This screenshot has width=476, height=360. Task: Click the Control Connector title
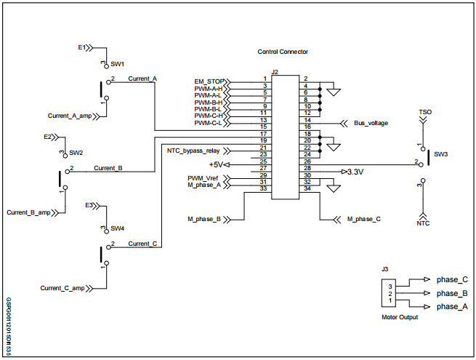[x=283, y=52]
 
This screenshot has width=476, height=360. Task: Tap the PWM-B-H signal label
[x=208, y=102]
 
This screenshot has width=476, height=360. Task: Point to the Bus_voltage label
[x=371, y=124]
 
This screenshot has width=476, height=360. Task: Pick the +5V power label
[x=215, y=164]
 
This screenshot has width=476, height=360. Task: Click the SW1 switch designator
[x=118, y=64]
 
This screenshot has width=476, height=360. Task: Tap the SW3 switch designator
[x=440, y=155]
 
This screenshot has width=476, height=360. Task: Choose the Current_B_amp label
[x=28, y=212]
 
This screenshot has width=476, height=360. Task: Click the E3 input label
[x=89, y=204]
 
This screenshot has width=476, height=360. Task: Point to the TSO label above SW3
[x=425, y=113]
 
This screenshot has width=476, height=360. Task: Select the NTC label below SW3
[x=423, y=223]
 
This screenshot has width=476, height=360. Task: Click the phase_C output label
[x=452, y=279]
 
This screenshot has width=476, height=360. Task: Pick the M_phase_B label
[x=204, y=218]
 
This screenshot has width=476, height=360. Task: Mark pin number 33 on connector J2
[x=265, y=189]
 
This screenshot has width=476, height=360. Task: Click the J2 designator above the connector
[x=274, y=72]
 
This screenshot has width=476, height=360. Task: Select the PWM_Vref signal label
[x=204, y=178]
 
